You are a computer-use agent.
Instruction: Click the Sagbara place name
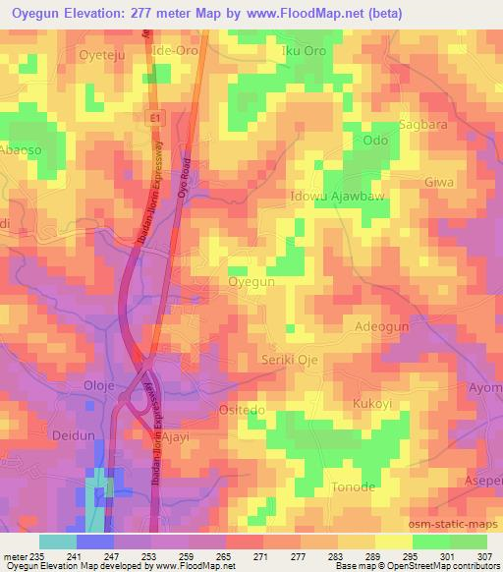[x=421, y=125]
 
